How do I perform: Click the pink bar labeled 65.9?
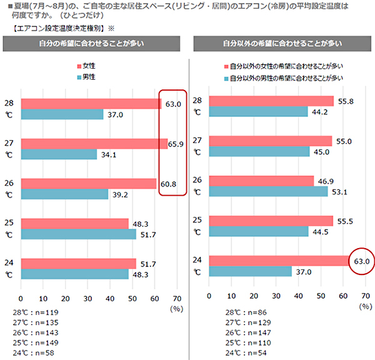[x=94, y=144]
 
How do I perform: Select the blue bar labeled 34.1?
[x=59, y=154]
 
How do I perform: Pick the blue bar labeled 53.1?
[x=268, y=191]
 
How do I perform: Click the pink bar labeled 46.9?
[x=261, y=181]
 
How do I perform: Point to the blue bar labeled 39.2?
[x=64, y=194]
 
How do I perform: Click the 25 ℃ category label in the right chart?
[x=197, y=226]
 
